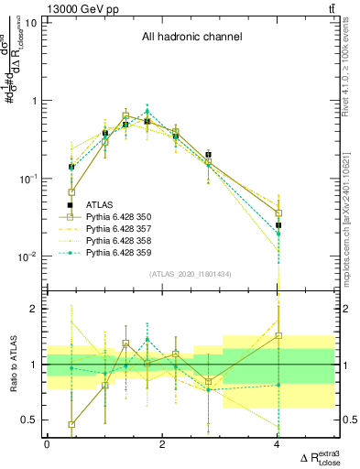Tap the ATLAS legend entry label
tap(99, 205)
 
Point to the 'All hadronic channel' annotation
tap(191, 38)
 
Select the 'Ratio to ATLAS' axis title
tap(12, 365)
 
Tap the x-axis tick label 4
tap(278, 444)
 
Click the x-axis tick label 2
tap(162, 444)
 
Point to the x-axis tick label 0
tap(47, 444)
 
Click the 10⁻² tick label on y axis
tap(27, 256)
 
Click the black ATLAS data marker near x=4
tap(278, 224)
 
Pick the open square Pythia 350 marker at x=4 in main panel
tap(278, 213)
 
